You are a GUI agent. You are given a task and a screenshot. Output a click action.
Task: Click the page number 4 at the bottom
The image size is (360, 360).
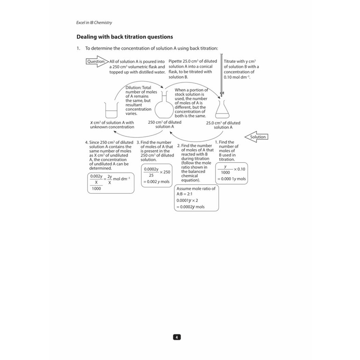point(177,337)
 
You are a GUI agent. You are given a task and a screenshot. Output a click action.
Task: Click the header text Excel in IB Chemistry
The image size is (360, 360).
point(94,22)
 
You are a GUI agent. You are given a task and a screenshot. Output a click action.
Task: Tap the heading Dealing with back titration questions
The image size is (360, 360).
point(125,37)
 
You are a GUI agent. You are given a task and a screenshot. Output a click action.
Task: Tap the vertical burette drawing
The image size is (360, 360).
point(221,75)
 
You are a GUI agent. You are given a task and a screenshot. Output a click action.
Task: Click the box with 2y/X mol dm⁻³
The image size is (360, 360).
point(111,183)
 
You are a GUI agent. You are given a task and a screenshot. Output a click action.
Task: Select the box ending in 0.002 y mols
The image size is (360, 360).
point(157,175)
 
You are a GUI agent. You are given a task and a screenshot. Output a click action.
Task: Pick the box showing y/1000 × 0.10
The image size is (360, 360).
point(232,173)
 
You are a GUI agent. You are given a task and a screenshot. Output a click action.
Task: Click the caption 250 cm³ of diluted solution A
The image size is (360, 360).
point(165,124)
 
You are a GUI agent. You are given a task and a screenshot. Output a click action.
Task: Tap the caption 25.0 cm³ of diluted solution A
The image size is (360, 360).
point(223,125)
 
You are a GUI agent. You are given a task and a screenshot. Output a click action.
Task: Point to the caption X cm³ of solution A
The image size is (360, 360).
point(112,125)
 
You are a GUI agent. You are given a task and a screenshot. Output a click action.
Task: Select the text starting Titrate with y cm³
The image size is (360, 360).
point(241,69)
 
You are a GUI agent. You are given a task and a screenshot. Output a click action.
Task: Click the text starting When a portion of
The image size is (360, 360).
point(191,103)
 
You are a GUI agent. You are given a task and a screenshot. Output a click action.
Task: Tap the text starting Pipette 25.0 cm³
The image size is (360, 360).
point(193,69)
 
